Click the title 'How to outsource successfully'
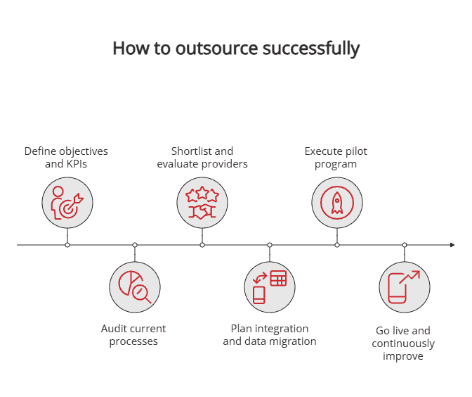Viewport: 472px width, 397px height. pos(236,49)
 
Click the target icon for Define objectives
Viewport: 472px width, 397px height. pos(67,203)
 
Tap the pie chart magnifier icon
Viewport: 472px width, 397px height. pos(135,286)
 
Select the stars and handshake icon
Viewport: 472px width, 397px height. pos(202,203)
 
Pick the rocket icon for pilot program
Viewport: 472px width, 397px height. pos(337,203)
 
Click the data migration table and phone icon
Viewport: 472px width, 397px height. pos(270,286)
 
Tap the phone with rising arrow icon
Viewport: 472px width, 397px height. pos(405,286)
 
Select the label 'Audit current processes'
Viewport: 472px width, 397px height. pos(133,335)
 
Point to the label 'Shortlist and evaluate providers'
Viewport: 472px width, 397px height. pos(202,158)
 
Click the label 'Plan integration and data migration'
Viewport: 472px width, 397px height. pos(270,335)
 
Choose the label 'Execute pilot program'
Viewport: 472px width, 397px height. pos(336,158)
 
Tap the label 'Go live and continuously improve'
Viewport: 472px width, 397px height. pos(403,343)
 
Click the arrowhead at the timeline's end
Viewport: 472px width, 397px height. pos(452,245)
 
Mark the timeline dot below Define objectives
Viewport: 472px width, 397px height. pos(67,245)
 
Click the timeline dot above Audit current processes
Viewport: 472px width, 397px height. pos(135,245)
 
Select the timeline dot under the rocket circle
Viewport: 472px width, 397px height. pos(337,245)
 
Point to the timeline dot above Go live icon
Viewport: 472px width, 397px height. pos(405,245)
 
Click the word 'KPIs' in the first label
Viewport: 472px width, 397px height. pos(77,165)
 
